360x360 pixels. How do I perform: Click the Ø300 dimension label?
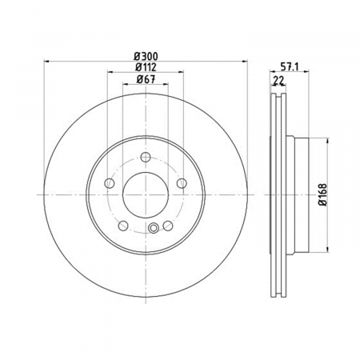tap(146, 56)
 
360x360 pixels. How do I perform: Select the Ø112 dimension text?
tap(146, 67)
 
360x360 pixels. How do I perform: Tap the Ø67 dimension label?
tap(146, 79)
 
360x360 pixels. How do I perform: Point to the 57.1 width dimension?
tap(290, 67)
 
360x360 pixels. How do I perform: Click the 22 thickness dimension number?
tap(278, 80)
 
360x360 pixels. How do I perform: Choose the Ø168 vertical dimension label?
tap(322, 194)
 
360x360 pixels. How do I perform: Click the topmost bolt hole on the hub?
tap(146, 157)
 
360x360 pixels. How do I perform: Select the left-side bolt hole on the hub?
tap(110, 183)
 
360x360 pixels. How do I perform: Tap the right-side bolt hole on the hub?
tap(182, 183)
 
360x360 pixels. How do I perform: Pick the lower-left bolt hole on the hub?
tap(123, 226)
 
